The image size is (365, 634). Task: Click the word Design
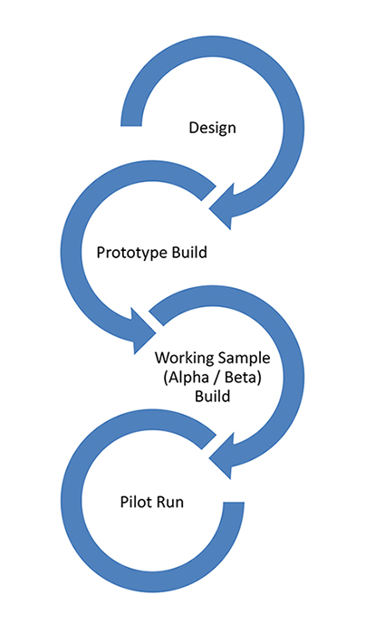click(x=212, y=129)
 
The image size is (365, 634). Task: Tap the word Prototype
click(x=132, y=253)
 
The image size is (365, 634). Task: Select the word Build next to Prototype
click(x=189, y=252)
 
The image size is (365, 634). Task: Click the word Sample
click(x=244, y=359)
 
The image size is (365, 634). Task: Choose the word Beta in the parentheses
click(x=245, y=377)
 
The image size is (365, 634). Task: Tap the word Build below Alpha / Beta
click(x=212, y=396)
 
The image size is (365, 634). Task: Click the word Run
click(x=169, y=502)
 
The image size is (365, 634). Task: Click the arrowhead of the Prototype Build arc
click(x=142, y=331)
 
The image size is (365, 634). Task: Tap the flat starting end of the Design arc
click(x=131, y=125)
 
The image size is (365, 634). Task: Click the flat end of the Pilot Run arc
click(x=234, y=504)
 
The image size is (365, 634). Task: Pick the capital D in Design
click(x=194, y=128)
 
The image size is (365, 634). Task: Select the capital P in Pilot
click(x=124, y=502)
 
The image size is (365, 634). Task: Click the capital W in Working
click(x=163, y=359)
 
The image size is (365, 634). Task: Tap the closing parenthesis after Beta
click(x=261, y=378)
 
